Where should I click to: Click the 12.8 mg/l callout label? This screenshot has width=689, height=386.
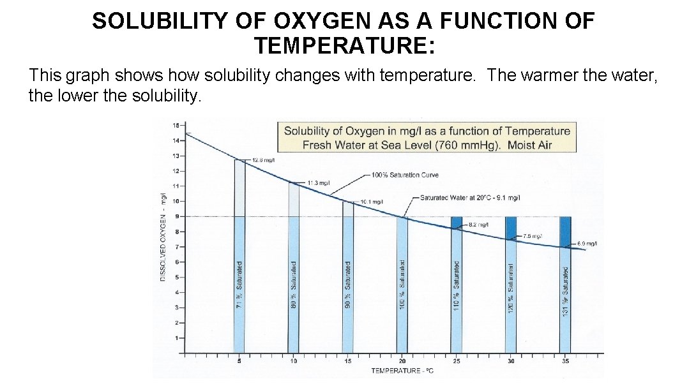(x=263, y=160)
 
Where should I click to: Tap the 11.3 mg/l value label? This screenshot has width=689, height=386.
(x=319, y=182)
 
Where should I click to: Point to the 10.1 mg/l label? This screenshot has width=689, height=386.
(x=372, y=202)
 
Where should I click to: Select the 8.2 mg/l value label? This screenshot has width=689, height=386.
(x=478, y=225)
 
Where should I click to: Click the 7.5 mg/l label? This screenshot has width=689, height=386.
(x=533, y=236)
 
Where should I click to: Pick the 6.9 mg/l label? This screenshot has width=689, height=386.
(x=587, y=244)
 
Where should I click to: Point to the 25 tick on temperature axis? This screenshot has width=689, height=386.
(x=457, y=361)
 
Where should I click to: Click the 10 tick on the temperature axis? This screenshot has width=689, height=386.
(x=294, y=361)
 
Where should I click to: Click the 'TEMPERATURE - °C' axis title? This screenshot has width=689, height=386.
(x=402, y=371)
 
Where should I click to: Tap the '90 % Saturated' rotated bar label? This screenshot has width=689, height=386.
(x=348, y=285)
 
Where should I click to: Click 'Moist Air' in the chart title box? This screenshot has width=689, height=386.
(x=529, y=145)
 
